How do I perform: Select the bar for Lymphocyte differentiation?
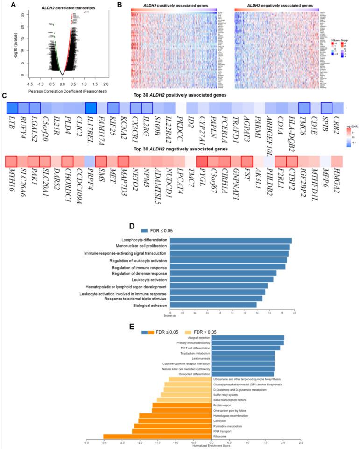(x=231, y=241)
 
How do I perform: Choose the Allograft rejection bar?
(x=248, y=337)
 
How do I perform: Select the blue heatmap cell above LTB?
(x=12, y=108)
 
